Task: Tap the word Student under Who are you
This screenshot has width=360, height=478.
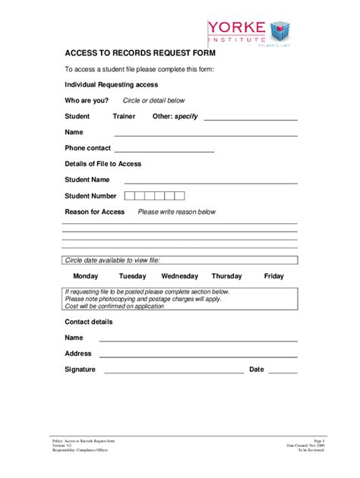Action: point(77,116)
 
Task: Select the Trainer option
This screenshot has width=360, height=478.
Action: point(124,116)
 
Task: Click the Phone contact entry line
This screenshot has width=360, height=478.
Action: point(163,150)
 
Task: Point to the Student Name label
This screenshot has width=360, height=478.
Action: point(87,180)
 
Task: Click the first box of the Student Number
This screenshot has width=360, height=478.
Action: point(130,196)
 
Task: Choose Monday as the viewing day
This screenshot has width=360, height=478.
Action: point(85,276)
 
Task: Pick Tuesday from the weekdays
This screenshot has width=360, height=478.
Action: point(132,276)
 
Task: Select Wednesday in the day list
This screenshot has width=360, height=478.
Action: point(179,276)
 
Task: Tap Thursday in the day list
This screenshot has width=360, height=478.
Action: point(226,276)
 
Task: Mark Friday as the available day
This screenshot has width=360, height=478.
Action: point(273,276)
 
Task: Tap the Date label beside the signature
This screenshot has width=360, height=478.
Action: point(256,370)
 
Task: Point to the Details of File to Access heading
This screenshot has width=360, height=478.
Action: point(103,164)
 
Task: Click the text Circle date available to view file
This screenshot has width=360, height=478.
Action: point(112,260)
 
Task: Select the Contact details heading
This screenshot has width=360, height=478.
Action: point(88,322)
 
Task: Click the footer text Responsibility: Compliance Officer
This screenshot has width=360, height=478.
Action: point(74,450)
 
